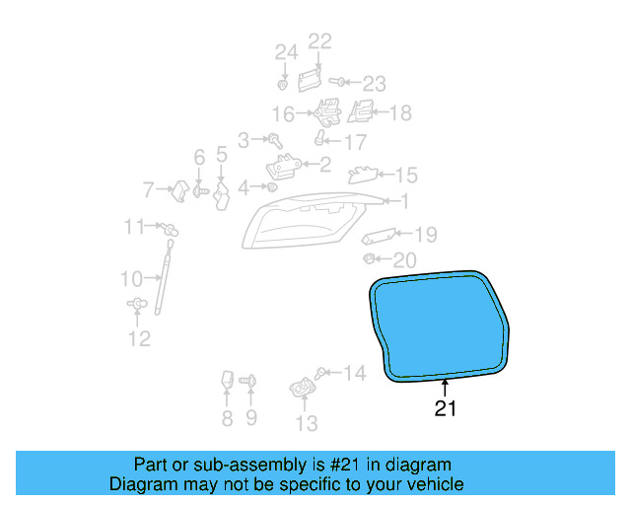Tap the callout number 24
coord(285,51)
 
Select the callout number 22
coord(320,41)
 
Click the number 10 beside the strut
coord(131,278)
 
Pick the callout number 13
coord(307,424)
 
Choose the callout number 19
coord(424,235)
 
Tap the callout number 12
coord(139,339)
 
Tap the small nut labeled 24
coord(283,83)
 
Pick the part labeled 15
coord(362,175)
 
